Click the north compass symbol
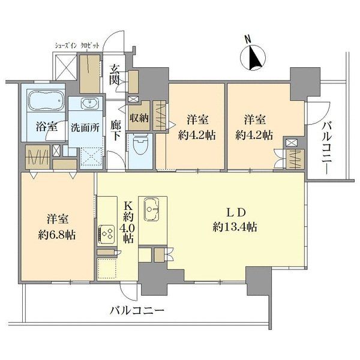(253, 58)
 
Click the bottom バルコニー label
(137, 311)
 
